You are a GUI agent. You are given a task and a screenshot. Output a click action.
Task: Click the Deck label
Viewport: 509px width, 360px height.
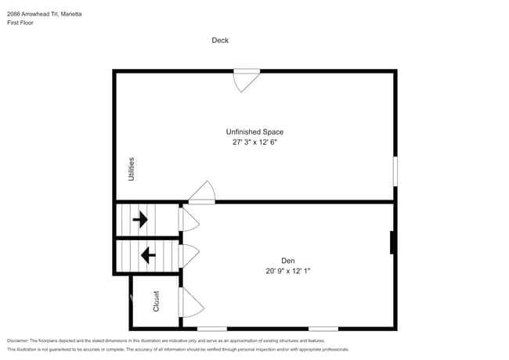(x=220, y=40)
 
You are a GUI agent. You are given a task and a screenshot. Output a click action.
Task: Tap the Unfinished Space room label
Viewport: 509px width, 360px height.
(x=254, y=132)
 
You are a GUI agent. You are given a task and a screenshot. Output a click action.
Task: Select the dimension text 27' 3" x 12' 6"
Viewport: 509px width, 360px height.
(x=254, y=143)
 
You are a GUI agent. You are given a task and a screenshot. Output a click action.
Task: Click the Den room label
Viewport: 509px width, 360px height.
(x=288, y=261)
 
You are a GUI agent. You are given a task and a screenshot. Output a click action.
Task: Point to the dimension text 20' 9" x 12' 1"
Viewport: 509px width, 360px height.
(x=288, y=271)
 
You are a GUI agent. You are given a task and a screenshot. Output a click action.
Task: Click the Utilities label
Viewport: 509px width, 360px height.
(x=132, y=169)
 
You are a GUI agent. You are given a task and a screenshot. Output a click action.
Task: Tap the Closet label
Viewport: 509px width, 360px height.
(x=155, y=301)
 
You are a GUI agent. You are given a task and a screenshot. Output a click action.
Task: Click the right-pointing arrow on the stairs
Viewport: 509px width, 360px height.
(x=141, y=220)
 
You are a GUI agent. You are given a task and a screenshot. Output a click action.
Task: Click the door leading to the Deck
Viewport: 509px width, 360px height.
(x=247, y=79)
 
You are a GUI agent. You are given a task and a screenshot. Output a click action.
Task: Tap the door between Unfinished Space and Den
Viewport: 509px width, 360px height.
(x=202, y=193)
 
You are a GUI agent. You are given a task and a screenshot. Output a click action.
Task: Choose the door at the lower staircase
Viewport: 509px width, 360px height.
(x=189, y=255)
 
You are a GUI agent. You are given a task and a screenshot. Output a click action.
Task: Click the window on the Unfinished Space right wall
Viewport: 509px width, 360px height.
(x=395, y=171)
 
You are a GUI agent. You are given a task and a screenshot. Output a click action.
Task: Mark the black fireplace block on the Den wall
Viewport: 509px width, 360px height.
(x=392, y=243)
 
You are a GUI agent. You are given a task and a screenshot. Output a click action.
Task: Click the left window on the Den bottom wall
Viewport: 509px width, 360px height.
(x=212, y=329)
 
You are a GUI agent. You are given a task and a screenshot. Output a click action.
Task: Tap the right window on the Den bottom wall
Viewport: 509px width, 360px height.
(x=323, y=329)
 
